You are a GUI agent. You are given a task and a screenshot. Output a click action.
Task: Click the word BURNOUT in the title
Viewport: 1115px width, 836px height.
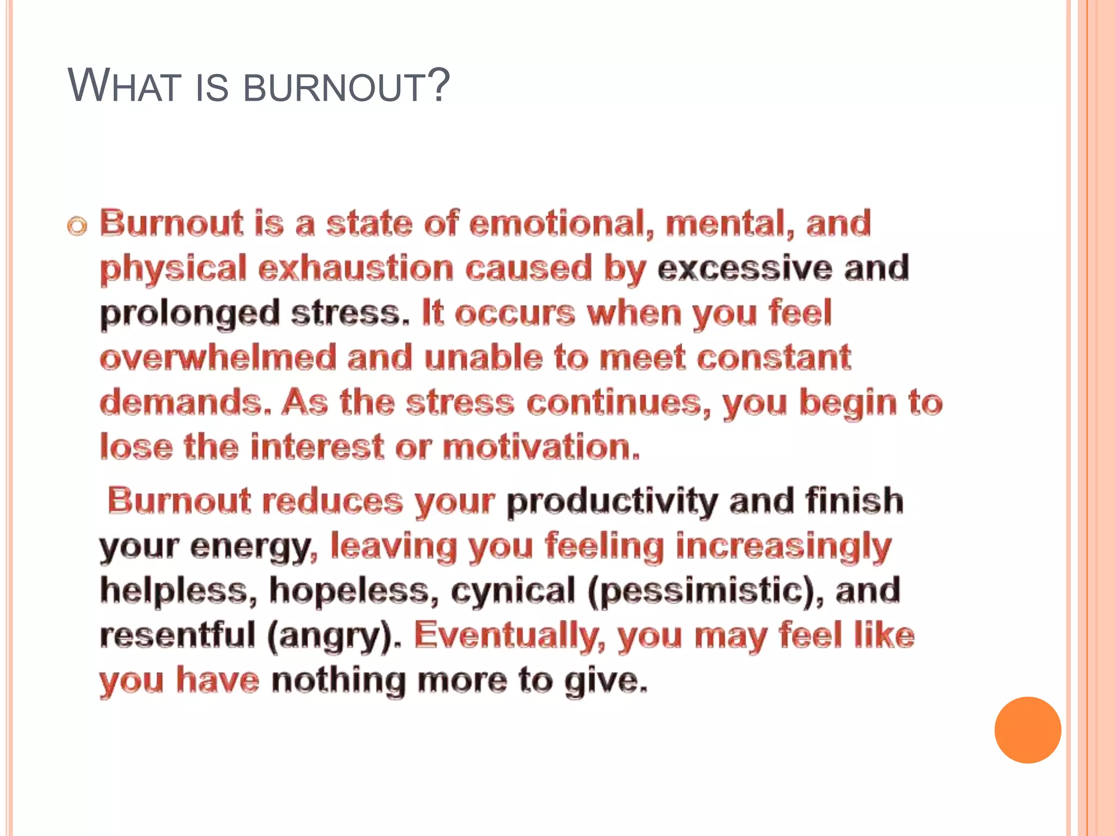[333, 87]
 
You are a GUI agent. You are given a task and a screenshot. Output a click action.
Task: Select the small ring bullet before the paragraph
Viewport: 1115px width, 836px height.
[77, 226]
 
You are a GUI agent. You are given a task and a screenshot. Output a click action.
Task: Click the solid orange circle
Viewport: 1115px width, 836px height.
[1027, 730]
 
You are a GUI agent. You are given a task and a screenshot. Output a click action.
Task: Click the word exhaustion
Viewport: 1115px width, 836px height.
[356, 269]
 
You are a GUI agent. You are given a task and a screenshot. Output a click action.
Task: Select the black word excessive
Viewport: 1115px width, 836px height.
[745, 268]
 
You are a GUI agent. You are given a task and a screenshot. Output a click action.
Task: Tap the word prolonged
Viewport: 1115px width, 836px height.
[189, 315]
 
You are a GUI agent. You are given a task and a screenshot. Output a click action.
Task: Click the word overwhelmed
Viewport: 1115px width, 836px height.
[218, 358]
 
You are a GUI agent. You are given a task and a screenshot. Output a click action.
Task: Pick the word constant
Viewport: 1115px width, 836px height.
[774, 358]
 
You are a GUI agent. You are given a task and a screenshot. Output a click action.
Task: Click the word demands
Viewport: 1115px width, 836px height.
[185, 403]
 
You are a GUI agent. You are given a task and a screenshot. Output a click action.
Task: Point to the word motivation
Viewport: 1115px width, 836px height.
[541, 447]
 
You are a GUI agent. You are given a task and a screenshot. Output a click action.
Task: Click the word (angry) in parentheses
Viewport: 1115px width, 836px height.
[334, 636]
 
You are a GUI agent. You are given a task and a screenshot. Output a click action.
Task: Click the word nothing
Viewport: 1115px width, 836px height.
[339, 680]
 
